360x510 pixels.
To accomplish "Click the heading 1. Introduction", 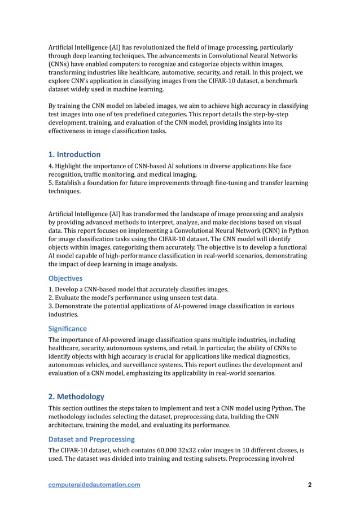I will (x=74, y=154).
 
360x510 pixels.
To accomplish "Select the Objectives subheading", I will (x=65, y=278).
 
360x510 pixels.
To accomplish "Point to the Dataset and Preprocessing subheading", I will (x=91, y=439).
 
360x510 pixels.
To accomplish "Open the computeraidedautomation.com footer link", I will (x=94, y=485).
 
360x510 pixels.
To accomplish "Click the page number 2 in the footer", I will (x=309, y=485).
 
